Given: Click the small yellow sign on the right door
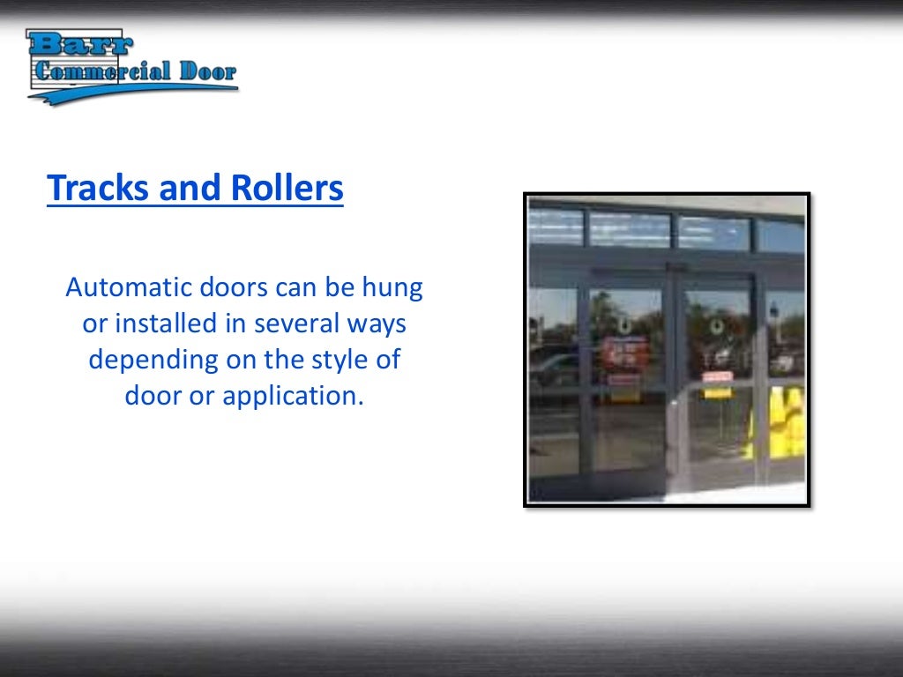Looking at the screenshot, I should [x=717, y=392].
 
